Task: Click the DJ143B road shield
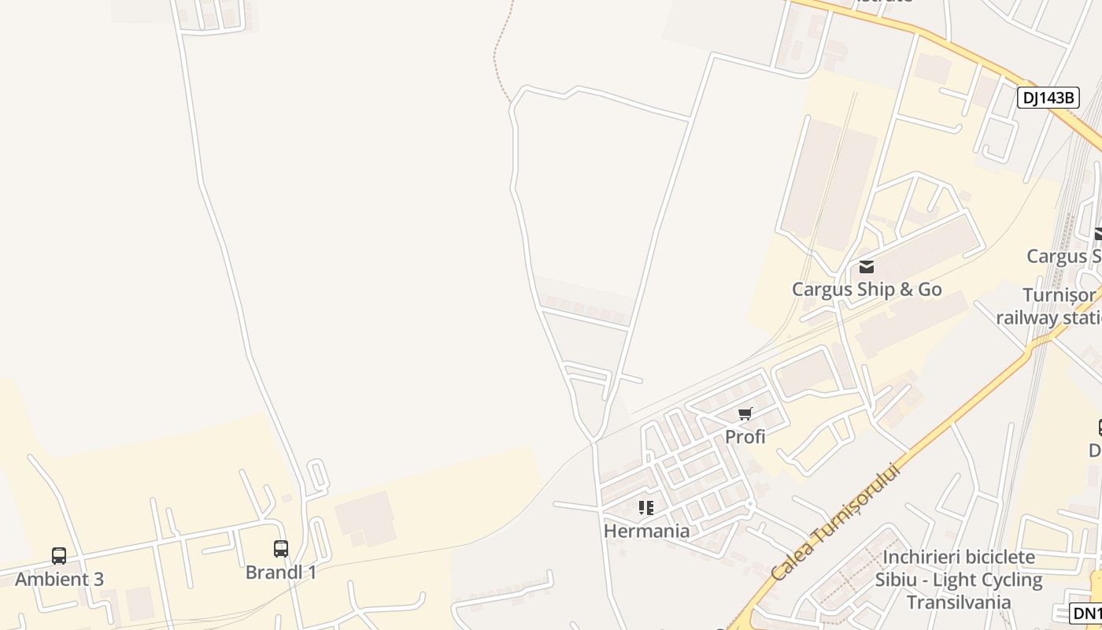pos(1048,98)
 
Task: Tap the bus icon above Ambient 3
pos(59,556)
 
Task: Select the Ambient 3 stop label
pos(59,579)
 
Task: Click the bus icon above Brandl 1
pos(281,549)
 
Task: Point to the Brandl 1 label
pos(281,572)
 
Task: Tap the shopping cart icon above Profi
pos(745,414)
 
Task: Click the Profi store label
pos(745,436)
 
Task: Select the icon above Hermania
pos(646,508)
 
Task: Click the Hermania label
pos(646,531)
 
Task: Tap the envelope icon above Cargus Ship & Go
pos(867,267)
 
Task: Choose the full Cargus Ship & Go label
pos(867,289)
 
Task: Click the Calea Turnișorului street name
pos(836,522)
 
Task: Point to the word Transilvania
pos(959,602)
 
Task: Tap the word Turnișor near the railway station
pos(1059,295)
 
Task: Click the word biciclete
pos(1004,558)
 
